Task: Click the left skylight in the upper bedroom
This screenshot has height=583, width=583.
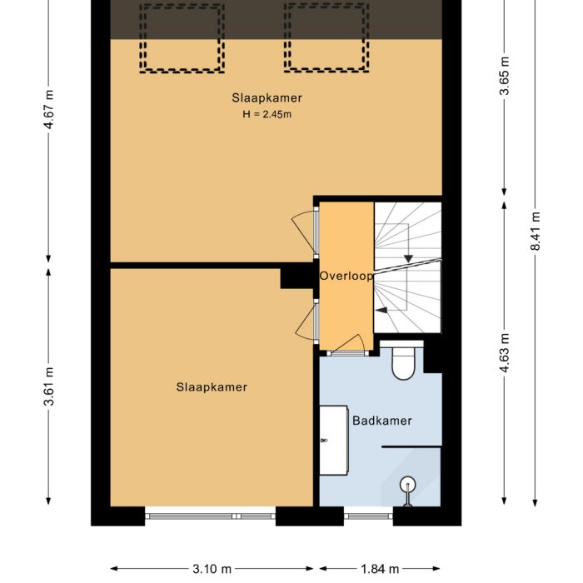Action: pyautogui.click(x=182, y=37)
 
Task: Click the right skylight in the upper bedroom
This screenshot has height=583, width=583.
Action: pyautogui.click(x=326, y=37)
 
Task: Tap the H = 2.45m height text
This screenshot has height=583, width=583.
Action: pyautogui.click(x=267, y=114)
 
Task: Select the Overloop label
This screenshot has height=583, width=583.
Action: pyautogui.click(x=346, y=276)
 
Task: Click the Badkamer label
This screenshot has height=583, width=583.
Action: pyautogui.click(x=381, y=421)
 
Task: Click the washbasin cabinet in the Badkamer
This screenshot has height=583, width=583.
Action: pyautogui.click(x=334, y=441)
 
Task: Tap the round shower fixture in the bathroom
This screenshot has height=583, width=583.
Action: pyautogui.click(x=407, y=483)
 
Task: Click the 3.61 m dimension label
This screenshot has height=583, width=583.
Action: pyautogui.click(x=50, y=386)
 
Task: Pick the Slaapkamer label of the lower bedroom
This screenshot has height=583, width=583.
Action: pyautogui.click(x=212, y=387)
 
